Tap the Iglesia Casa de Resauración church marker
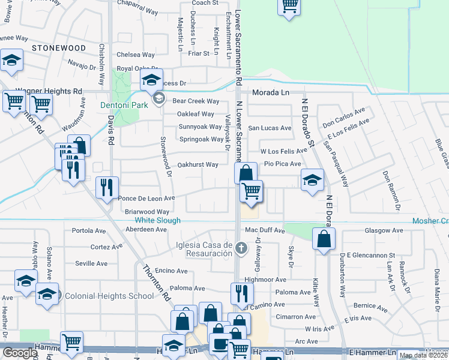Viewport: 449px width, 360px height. point(241,248)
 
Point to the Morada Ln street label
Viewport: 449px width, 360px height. point(270,93)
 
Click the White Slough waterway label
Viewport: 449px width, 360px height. point(154,221)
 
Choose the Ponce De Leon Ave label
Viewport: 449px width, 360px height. point(146,198)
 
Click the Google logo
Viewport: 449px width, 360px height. point(20,353)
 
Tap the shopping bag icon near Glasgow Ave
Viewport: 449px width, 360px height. point(324,239)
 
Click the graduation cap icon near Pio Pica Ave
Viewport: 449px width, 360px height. point(312,180)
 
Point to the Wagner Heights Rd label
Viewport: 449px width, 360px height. point(49,91)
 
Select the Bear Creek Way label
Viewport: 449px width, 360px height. point(195,101)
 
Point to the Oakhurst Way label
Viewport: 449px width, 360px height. point(198,164)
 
